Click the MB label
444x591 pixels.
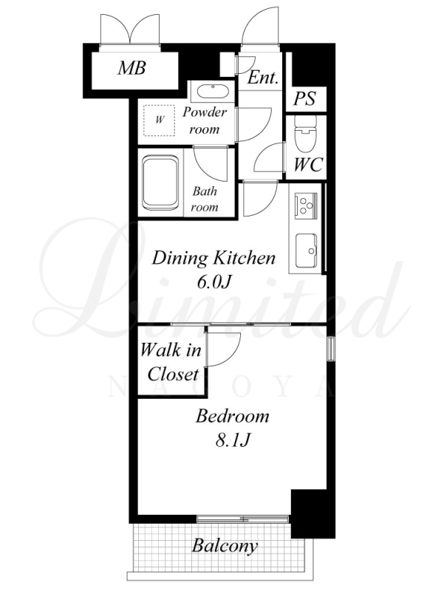[x=132, y=68]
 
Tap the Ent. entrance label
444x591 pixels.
[x=263, y=78]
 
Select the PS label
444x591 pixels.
[x=304, y=99]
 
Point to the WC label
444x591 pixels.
[x=308, y=165]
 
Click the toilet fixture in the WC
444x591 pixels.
[x=305, y=133]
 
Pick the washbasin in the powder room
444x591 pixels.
[x=213, y=92]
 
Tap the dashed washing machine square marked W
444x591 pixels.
[x=159, y=120]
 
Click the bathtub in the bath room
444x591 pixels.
[x=160, y=183]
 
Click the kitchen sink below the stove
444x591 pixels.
[x=307, y=250]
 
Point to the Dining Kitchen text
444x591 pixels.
[x=214, y=259]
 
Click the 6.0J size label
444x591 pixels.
[x=214, y=281]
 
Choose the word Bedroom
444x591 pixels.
[x=233, y=417]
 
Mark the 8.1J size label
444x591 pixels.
[x=233, y=440]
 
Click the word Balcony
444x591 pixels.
[x=225, y=546]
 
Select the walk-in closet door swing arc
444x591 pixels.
[x=235, y=355]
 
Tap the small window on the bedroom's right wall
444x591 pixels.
[x=331, y=349]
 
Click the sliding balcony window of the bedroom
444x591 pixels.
[x=243, y=519]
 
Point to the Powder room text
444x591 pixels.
[x=205, y=120]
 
